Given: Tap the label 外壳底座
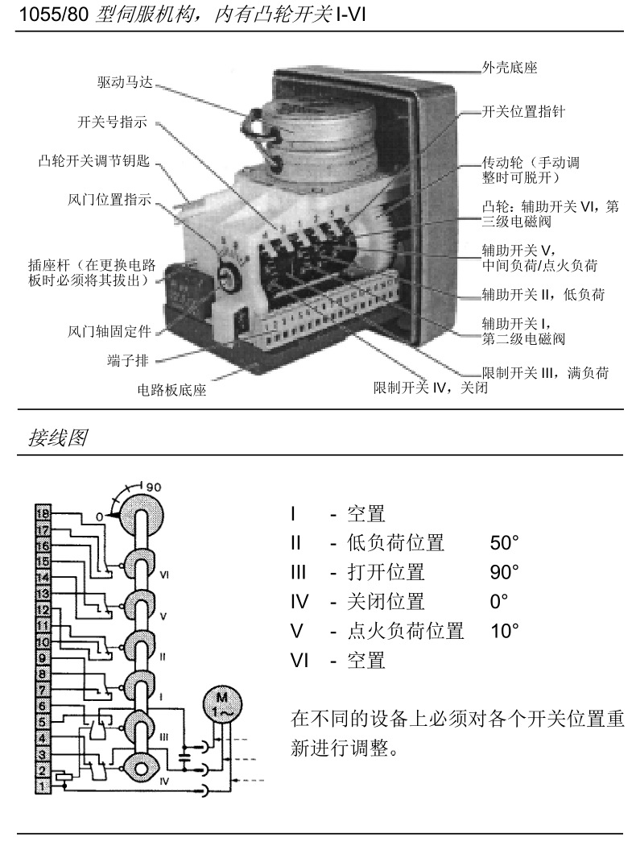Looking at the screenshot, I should pyautogui.click(x=510, y=68).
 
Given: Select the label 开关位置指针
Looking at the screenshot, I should pyautogui.click(x=522, y=112).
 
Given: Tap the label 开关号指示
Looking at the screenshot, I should pyautogui.click(x=111, y=122).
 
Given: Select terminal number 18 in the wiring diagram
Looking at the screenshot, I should pyautogui.click(x=43, y=513).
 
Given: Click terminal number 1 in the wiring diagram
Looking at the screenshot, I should pyautogui.click(x=43, y=783).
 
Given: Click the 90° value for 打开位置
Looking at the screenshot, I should pyautogui.click(x=505, y=572).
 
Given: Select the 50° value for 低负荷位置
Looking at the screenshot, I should pyautogui.click(x=505, y=542).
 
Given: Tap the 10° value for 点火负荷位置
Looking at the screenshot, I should pyautogui.click(x=505, y=631).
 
